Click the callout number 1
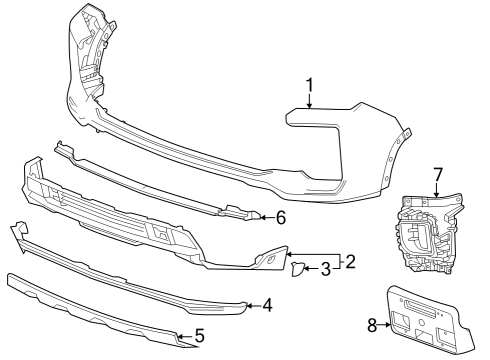[x=310, y=86]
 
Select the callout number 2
[x=350, y=262]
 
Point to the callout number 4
[x=268, y=305]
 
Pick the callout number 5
[x=200, y=337]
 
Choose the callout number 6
[x=281, y=216]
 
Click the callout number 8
[x=373, y=324]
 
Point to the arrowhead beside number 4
[x=250, y=304]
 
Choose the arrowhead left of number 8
[x=387, y=324]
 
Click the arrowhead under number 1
[x=310, y=108]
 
